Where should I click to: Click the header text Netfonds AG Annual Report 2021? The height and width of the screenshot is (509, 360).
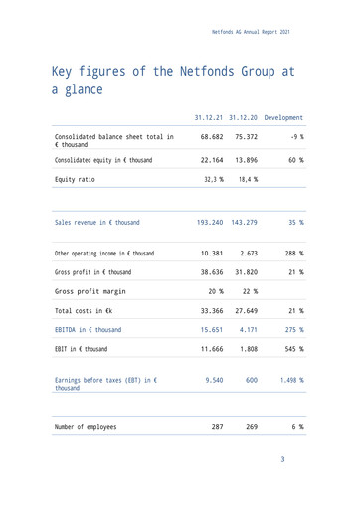coord(252,33)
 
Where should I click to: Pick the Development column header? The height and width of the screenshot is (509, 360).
coord(285,118)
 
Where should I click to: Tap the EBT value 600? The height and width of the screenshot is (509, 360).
coord(252,380)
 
